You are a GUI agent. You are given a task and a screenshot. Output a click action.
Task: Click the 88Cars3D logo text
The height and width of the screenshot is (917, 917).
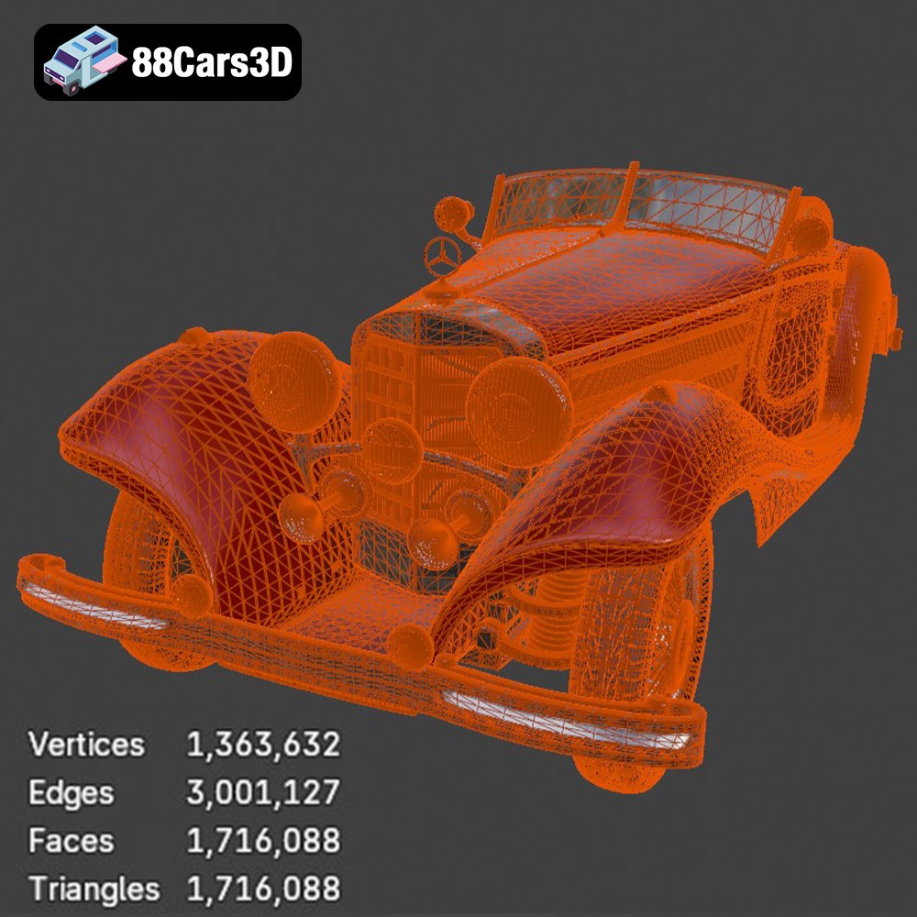click(x=212, y=62)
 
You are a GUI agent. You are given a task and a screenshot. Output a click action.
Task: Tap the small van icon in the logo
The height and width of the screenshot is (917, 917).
click(x=84, y=61)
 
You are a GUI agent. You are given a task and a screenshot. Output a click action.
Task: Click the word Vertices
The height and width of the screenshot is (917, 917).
click(x=86, y=745)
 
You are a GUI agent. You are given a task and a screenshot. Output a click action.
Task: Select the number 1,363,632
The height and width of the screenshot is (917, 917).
click(x=263, y=745)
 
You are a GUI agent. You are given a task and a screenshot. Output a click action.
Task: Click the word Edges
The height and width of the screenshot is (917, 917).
click(x=71, y=793)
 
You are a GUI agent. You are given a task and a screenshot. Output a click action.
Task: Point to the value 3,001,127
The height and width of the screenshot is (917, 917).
click(x=263, y=792)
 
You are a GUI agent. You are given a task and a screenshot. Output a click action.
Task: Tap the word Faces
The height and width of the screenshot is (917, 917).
click(x=71, y=841)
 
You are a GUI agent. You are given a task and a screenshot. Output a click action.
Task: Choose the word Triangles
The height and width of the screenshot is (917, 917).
click(x=94, y=889)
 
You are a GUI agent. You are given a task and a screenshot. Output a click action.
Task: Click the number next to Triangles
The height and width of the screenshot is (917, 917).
click(x=263, y=889)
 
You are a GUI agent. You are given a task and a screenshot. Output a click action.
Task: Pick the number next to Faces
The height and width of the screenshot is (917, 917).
click(x=263, y=841)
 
